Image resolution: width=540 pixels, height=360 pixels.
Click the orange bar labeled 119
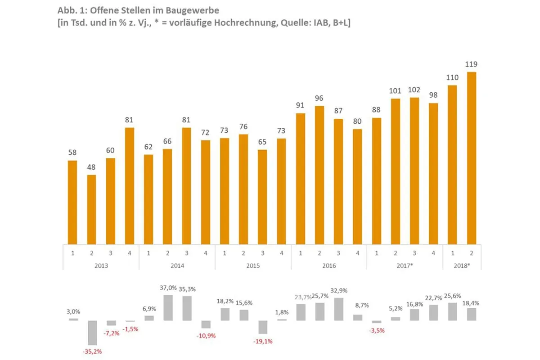[x=472, y=157]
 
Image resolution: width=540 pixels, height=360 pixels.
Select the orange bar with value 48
[x=91, y=209]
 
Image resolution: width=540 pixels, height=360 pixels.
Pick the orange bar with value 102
[x=414, y=171]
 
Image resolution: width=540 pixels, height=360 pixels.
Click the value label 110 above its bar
[x=452, y=77]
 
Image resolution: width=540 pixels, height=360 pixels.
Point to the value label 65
[x=262, y=142]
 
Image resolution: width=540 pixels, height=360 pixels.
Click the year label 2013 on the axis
[x=101, y=265]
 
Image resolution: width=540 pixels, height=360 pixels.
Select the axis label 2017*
[x=405, y=265]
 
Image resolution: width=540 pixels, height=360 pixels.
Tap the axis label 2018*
[x=462, y=265]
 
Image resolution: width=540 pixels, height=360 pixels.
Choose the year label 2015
[x=253, y=265]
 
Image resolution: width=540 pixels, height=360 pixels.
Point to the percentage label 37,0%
[x=168, y=288]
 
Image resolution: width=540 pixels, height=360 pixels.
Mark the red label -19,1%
[x=263, y=341]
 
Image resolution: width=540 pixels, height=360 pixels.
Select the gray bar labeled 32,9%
[x=339, y=309]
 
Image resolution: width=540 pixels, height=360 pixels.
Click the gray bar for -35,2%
[x=92, y=333]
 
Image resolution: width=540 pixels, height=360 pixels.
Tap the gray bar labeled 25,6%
[x=453, y=311]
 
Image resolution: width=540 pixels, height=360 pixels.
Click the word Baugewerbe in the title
[x=192, y=10]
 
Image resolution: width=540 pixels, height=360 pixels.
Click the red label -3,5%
[x=377, y=330]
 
